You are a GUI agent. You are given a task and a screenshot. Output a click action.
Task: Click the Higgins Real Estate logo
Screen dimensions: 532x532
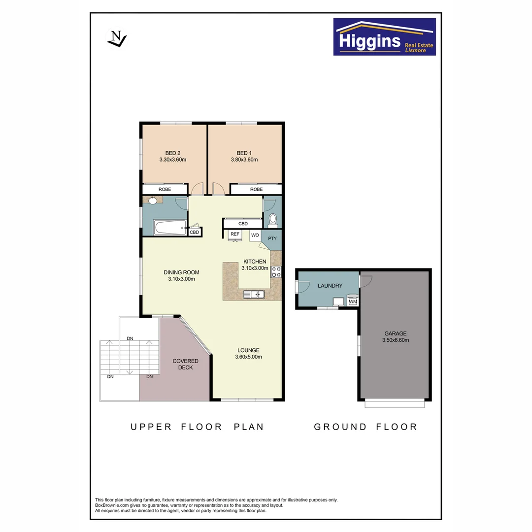(x=384, y=37)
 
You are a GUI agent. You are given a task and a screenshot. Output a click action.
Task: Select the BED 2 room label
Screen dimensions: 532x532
(x=172, y=153)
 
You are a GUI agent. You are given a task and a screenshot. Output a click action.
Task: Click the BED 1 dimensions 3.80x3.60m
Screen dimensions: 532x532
(x=244, y=160)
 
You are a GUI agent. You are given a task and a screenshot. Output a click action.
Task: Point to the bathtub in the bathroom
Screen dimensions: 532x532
(x=169, y=228)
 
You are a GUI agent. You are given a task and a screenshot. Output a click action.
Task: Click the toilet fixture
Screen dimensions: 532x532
(x=272, y=220)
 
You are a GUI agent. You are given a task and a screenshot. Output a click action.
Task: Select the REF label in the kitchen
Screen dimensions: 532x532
(x=235, y=234)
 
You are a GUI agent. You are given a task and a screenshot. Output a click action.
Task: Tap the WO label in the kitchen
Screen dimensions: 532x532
(x=255, y=235)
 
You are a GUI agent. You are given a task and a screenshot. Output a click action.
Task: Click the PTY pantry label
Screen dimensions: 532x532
(x=272, y=239)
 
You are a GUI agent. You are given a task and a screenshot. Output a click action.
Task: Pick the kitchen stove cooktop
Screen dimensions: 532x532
(x=276, y=271)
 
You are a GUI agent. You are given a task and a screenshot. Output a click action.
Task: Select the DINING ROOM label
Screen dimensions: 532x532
(x=181, y=272)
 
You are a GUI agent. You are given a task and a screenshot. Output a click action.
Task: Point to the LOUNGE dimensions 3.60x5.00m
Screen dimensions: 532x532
(x=248, y=357)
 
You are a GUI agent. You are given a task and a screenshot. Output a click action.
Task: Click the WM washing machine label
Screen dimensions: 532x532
(x=353, y=301)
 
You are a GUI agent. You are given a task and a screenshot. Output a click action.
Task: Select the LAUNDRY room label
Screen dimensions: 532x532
(x=330, y=286)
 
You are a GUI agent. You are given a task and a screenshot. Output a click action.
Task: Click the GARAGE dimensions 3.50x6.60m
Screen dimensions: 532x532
(x=396, y=340)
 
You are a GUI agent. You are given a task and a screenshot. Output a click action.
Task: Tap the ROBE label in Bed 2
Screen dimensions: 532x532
(x=165, y=189)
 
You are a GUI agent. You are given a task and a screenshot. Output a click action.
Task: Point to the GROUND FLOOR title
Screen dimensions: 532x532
(x=366, y=427)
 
